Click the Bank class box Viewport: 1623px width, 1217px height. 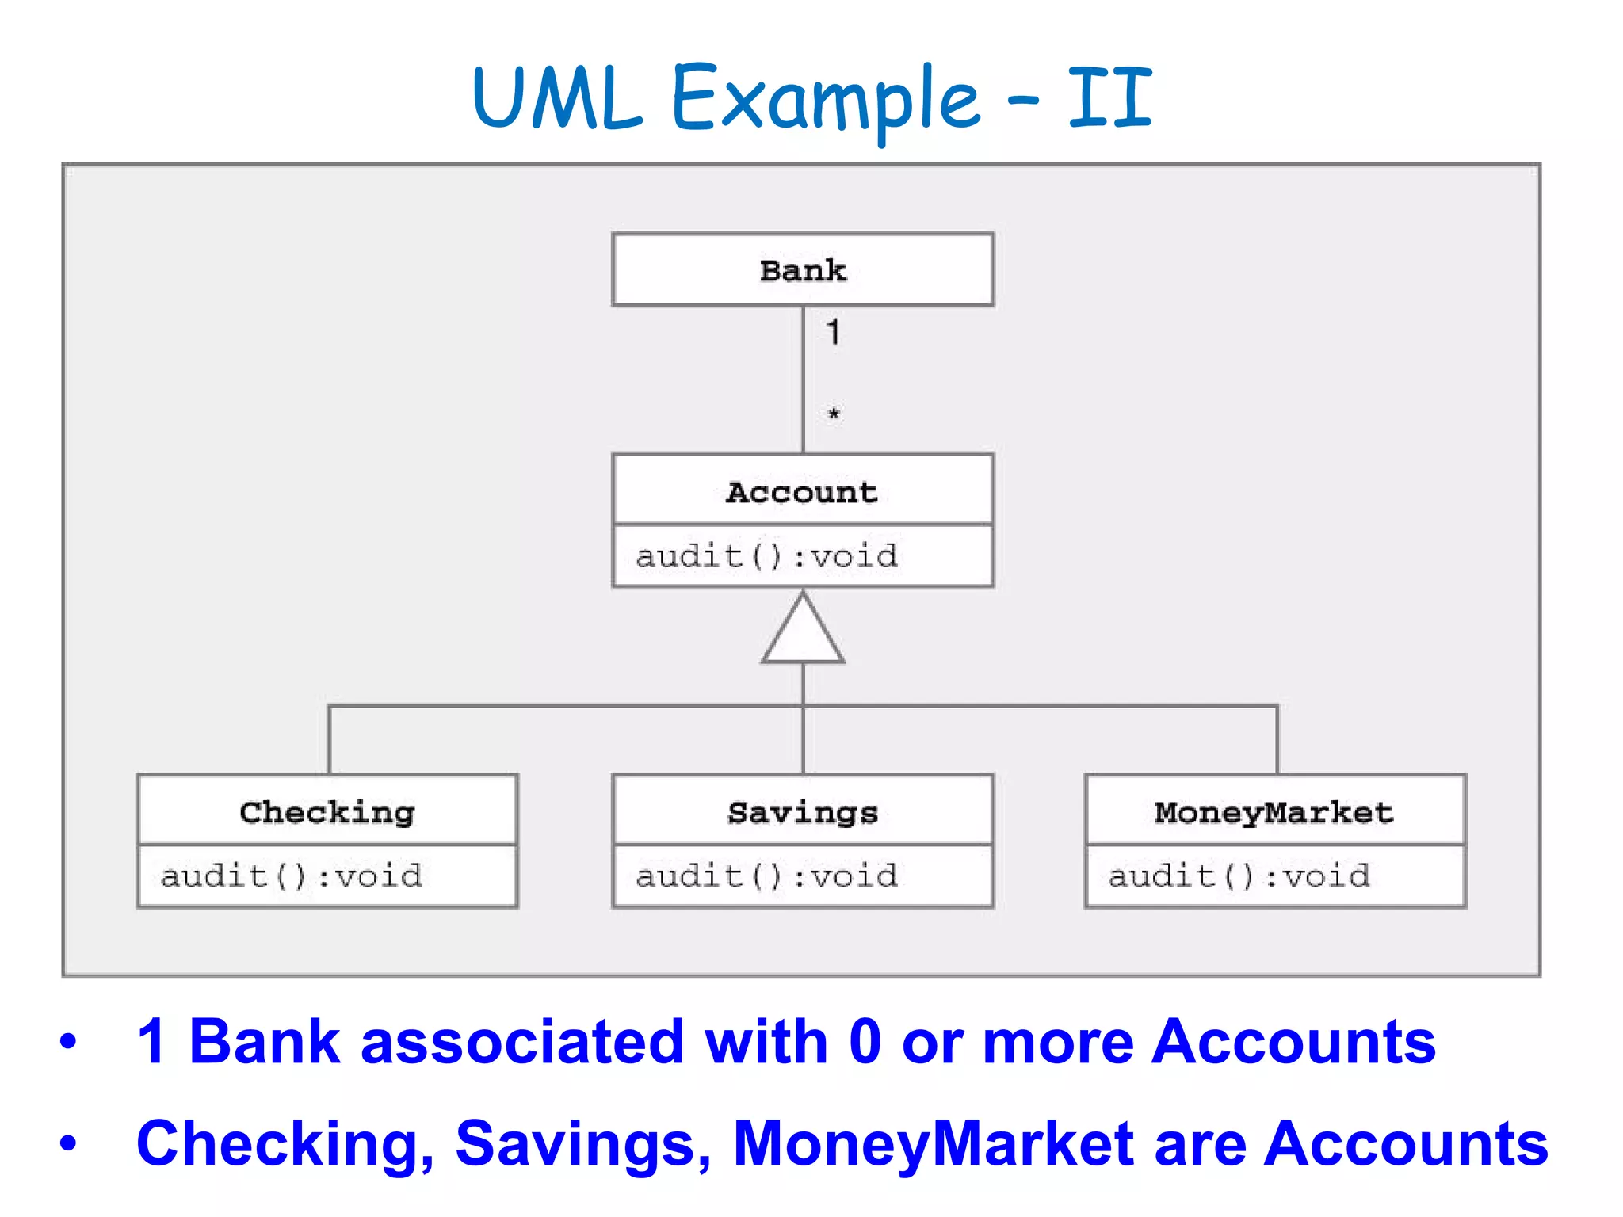802,269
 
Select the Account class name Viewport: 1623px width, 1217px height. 802,492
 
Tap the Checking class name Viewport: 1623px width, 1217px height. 327,812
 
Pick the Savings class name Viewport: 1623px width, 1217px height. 802,812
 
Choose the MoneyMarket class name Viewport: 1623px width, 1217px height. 1274,812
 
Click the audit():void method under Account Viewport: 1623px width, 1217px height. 766,556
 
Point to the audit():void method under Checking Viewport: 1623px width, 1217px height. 292,876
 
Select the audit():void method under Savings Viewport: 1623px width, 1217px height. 766,876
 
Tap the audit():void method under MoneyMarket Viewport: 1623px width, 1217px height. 1239,876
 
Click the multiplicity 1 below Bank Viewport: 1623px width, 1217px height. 833,332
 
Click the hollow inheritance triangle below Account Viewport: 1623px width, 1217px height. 803,633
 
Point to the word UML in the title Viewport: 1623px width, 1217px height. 556,98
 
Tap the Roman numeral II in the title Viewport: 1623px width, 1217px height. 1109,98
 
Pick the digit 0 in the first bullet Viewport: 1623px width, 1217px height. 865,1041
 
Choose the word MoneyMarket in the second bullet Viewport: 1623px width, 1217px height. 934,1143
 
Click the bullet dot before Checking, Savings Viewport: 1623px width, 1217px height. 69,1143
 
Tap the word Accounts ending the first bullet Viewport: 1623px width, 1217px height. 1293,1041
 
